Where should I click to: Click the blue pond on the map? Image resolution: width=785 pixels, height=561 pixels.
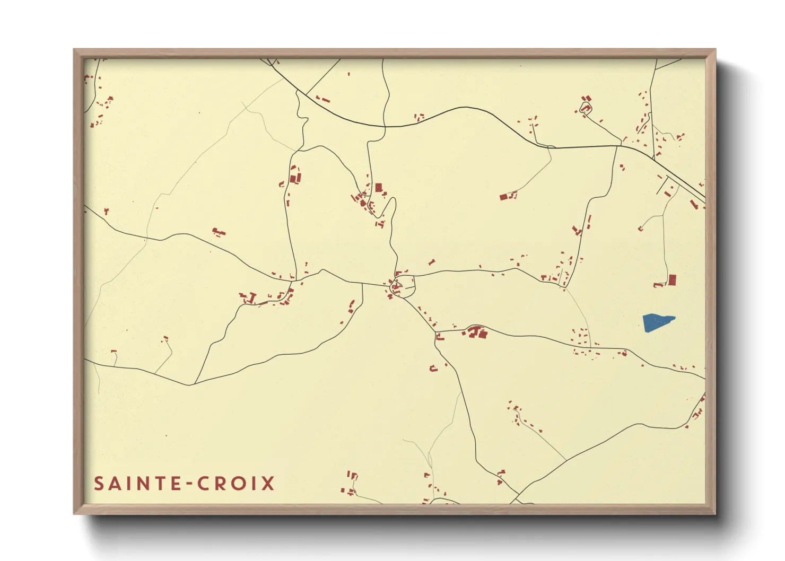tap(657, 322)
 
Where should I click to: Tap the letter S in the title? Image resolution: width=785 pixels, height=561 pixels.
tap(99, 484)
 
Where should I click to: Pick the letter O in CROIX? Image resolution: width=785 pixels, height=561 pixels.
tap(239, 484)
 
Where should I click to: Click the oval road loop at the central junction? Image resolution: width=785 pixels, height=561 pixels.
tap(403, 287)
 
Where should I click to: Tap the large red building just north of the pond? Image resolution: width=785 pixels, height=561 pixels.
tap(672, 279)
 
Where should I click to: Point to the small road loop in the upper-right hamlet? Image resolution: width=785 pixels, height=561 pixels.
tap(585, 109)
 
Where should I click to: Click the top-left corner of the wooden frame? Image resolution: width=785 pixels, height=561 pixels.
tap(75, 50)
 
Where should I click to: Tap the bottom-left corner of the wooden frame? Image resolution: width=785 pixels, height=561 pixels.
tap(75, 513)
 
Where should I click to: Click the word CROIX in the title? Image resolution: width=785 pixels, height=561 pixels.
tap(236, 484)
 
